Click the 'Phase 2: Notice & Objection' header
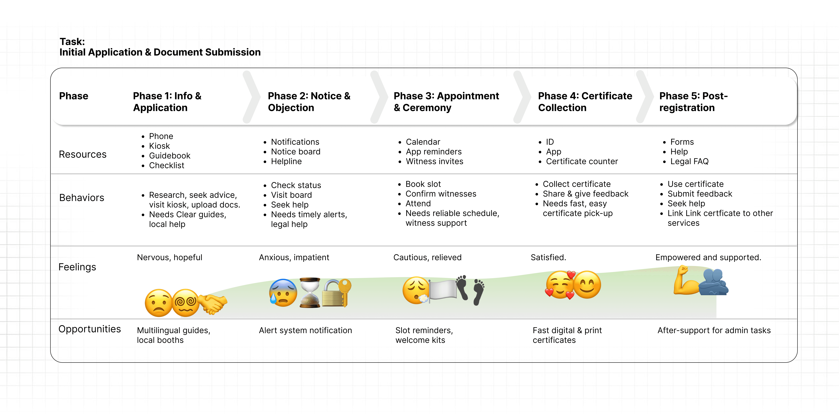pyautogui.click(x=309, y=102)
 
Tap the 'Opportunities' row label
pyautogui.click(x=90, y=329)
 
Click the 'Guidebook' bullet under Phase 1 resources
pyautogui.click(x=169, y=156)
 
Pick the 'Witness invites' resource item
pyautogui.click(x=434, y=162)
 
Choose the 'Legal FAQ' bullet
pyautogui.click(x=689, y=162)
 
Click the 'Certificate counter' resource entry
pyautogui.click(x=582, y=162)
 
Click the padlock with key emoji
pyautogui.click(x=336, y=292)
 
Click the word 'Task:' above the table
pyautogui.click(x=72, y=42)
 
